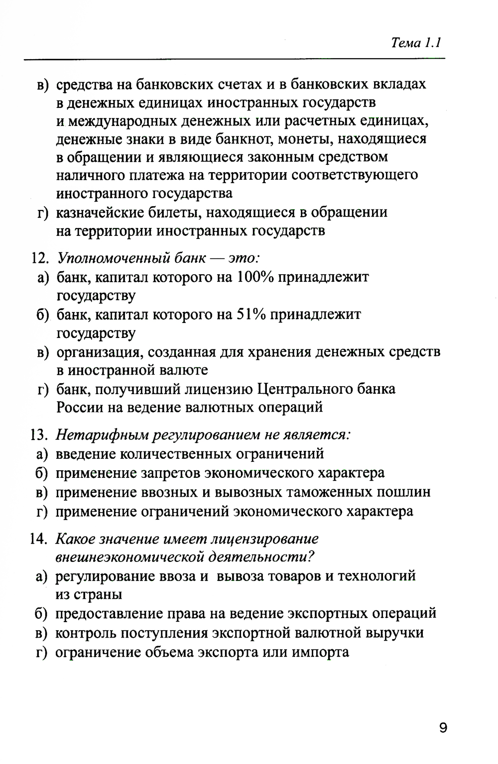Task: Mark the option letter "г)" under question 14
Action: (42, 652)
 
